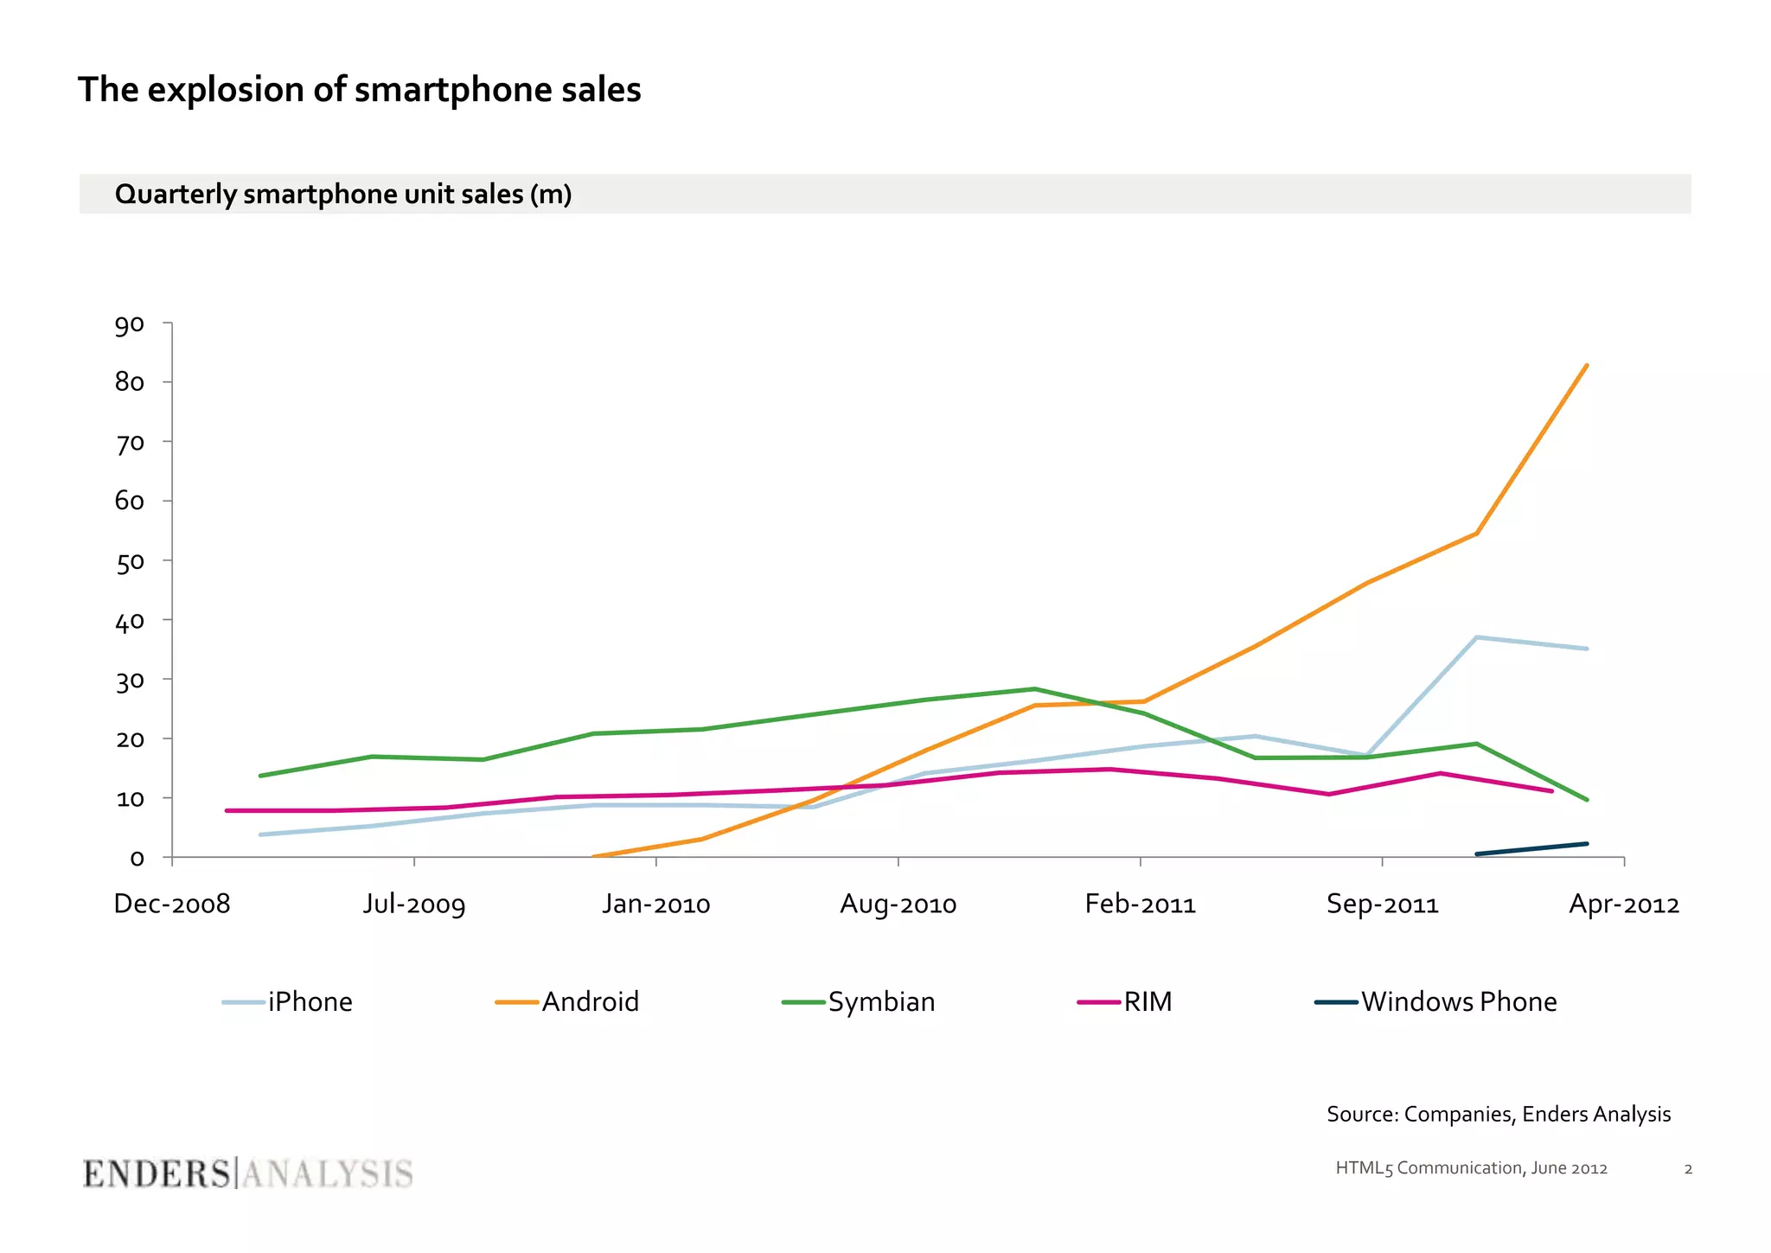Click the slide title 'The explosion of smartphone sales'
tap(359, 90)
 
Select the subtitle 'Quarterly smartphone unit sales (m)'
tap(342, 195)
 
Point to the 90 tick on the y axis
tap(130, 325)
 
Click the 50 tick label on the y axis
tap(130, 562)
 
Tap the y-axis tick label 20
tap(130, 739)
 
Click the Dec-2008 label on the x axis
tap(172, 905)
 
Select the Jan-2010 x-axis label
tap(655, 905)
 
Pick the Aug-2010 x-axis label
tap(898, 905)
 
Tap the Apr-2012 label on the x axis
tap(1623, 905)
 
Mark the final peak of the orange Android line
tap(1586, 366)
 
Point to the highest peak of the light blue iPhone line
tap(1476, 637)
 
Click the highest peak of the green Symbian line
tap(1034, 689)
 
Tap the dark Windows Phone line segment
tap(1531, 849)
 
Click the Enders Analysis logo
tap(247, 1174)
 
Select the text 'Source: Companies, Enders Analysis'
tap(1498, 1114)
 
